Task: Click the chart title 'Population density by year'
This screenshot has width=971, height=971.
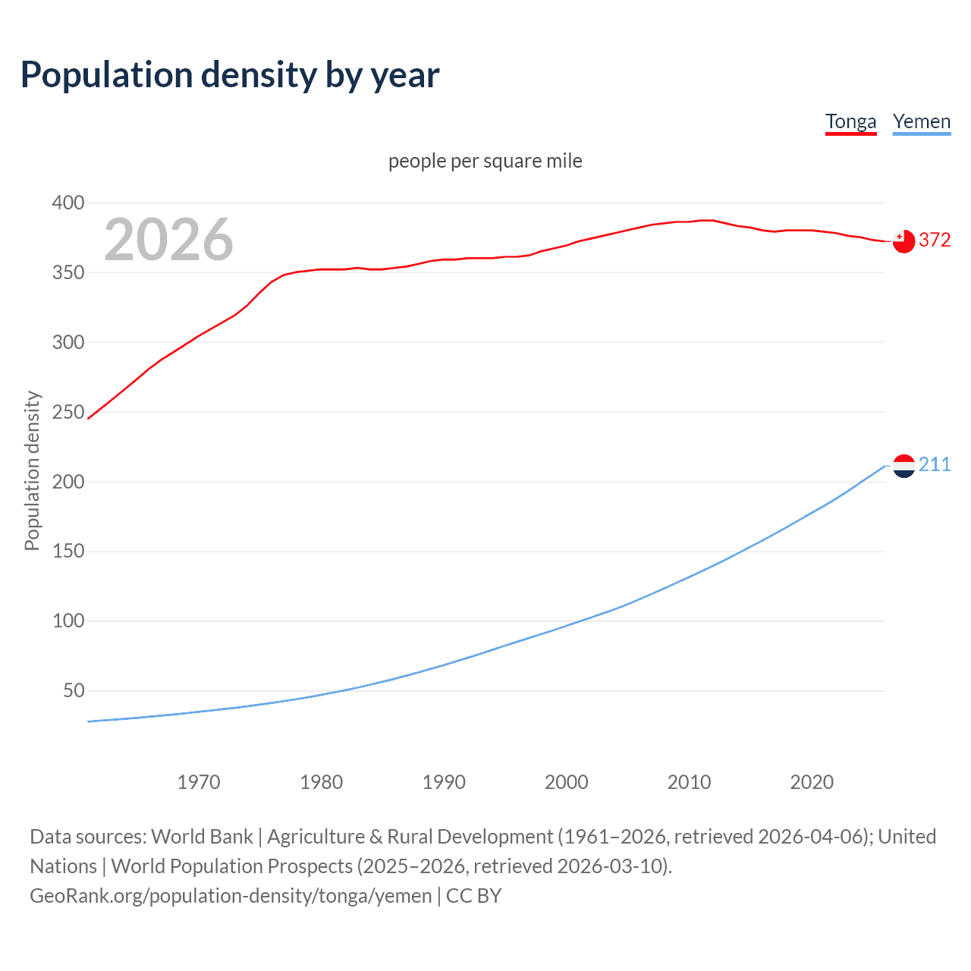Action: [x=230, y=75]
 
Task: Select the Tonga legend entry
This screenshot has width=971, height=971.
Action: [x=850, y=121]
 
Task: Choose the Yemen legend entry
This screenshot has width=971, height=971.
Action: [x=921, y=121]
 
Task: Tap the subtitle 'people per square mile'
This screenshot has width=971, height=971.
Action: [x=485, y=161]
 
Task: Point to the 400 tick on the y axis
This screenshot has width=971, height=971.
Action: [x=68, y=203]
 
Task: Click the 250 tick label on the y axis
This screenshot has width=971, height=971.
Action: [x=68, y=412]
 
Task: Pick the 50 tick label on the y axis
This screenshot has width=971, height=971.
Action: [x=74, y=690]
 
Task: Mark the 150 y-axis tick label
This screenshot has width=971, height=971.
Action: [x=68, y=551]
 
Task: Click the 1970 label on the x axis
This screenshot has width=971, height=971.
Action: [x=199, y=782]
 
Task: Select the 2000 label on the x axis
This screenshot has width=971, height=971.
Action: [x=567, y=782]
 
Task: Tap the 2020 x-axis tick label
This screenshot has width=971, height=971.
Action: [x=812, y=782]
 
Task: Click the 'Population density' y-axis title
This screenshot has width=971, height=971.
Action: [x=32, y=470]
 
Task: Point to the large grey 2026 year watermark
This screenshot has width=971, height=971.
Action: [x=168, y=240]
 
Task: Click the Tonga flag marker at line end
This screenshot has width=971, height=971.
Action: [x=903, y=241]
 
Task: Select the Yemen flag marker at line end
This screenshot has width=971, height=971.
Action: [x=903, y=466]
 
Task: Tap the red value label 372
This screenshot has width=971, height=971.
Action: [x=935, y=240]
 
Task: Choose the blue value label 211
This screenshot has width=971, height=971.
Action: [x=935, y=464]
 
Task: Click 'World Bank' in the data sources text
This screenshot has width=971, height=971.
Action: [x=202, y=836]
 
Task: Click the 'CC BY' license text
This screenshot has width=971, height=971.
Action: [x=473, y=895]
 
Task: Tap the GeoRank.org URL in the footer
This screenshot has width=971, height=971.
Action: [x=231, y=895]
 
